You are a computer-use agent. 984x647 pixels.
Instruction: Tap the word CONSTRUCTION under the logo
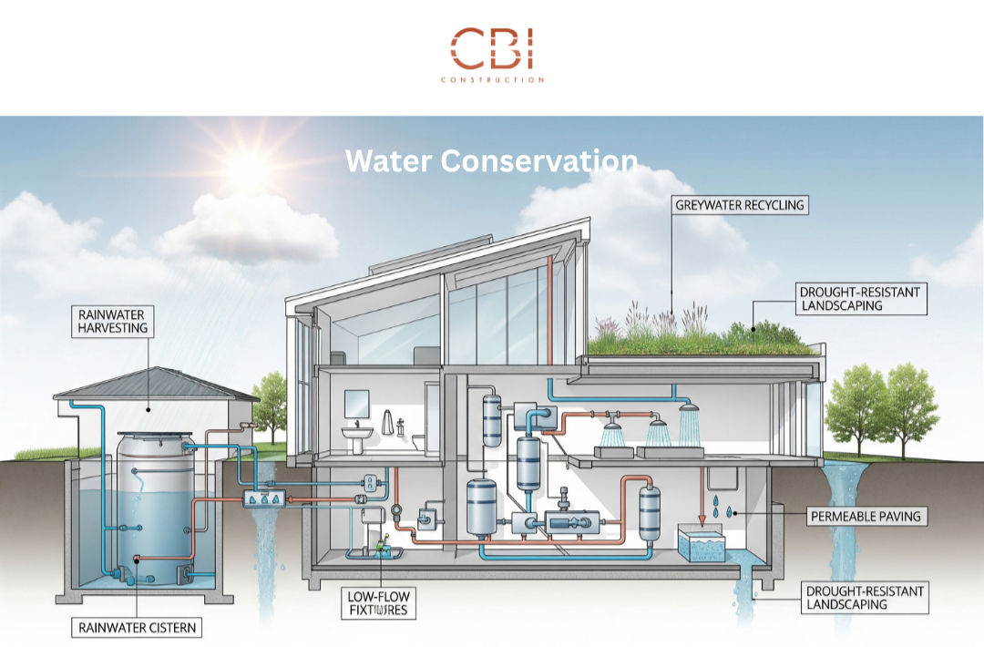coord(492,80)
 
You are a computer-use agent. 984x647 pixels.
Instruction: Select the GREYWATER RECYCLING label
coord(740,205)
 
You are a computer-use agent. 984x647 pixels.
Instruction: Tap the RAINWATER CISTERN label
coord(137,627)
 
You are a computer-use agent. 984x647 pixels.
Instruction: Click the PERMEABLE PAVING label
coord(866,517)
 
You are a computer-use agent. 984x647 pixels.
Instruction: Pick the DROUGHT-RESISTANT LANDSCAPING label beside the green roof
coord(860,299)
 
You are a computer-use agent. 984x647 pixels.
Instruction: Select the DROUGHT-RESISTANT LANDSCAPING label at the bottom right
coord(865,599)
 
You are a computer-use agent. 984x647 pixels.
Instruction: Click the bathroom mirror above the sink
coord(357,402)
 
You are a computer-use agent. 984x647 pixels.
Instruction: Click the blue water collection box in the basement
coord(702,545)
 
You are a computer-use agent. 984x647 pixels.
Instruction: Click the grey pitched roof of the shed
coord(155,384)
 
